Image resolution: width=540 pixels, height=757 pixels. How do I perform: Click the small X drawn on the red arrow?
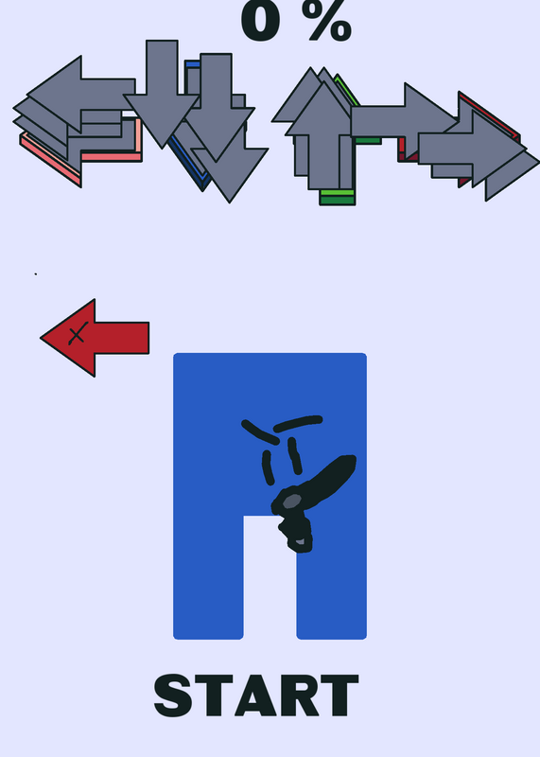click(78, 333)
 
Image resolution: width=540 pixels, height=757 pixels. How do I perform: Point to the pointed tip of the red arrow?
click(41, 338)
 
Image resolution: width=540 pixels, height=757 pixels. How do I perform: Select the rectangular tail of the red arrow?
click(122, 338)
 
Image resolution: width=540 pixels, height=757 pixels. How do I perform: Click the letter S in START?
click(173, 695)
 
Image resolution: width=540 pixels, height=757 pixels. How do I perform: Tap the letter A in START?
click(255, 695)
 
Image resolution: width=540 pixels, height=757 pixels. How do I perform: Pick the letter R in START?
click(299, 695)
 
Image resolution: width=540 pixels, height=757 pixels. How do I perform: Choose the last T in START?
click(340, 695)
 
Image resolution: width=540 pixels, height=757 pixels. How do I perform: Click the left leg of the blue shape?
click(208, 577)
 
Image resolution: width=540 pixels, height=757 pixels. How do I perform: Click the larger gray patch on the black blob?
click(291, 501)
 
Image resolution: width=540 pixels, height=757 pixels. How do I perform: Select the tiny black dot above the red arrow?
click(36, 274)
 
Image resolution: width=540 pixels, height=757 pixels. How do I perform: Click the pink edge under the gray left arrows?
click(111, 156)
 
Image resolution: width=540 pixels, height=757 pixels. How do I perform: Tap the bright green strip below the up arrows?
click(338, 193)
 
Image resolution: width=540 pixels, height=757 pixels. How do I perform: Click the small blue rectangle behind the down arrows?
click(193, 63)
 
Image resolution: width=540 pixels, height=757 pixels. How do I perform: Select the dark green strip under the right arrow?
click(368, 140)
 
